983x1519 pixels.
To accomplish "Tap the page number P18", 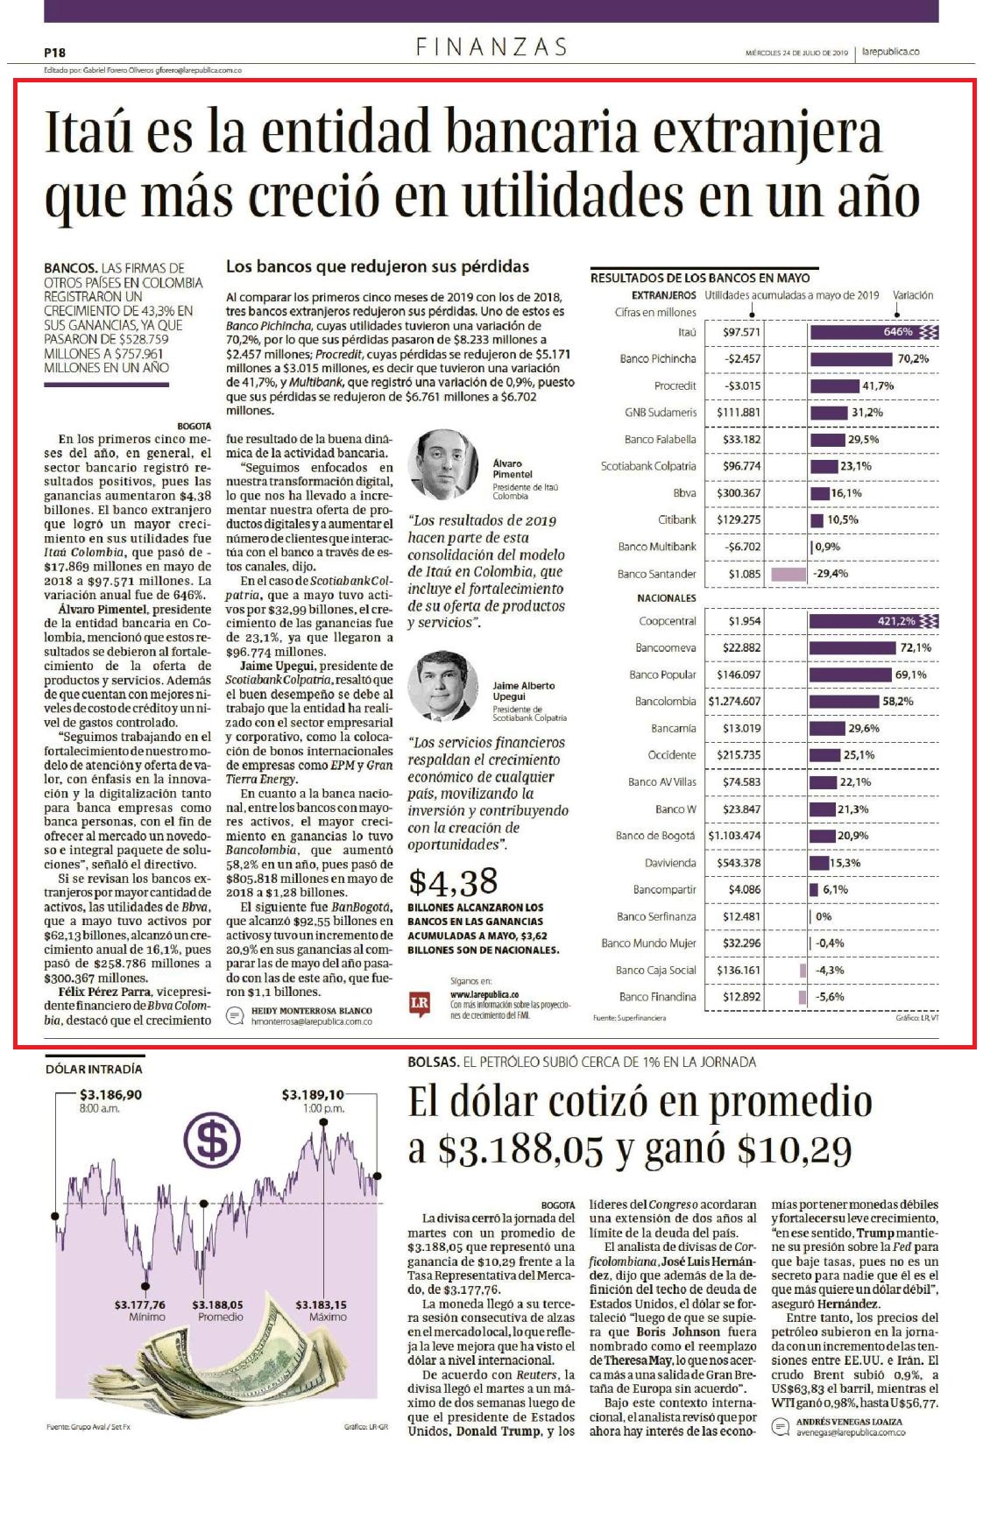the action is [54, 53].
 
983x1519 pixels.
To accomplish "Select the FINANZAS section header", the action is [491, 46].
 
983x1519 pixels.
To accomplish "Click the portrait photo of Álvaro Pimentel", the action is [442, 465].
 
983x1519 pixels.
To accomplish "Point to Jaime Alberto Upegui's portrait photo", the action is [442, 685].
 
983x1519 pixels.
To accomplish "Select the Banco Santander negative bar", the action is [788, 574].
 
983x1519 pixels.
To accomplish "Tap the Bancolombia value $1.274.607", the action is [734, 702].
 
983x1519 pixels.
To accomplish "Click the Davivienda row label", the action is [671, 863].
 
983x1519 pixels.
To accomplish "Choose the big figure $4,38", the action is [453, 882].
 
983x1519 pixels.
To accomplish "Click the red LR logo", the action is [420, 1002].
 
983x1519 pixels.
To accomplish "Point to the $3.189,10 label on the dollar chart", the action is [313, 1095].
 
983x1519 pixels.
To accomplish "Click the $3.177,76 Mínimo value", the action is [140, 1305].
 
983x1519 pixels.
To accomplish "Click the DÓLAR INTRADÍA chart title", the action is [94, 1069].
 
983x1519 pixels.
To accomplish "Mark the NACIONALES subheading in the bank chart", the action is [667, 598].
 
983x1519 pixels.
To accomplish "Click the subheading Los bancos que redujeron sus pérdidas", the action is [378, 266].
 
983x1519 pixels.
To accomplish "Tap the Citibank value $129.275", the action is [742, 519].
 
